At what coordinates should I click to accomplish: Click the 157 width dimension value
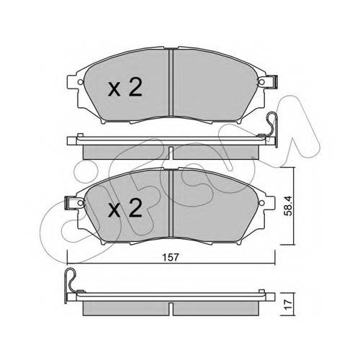(171, 258)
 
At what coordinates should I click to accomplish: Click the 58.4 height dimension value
(288, 206)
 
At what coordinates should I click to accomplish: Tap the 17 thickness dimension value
(289, 305)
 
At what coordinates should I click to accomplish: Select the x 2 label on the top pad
(125, 88)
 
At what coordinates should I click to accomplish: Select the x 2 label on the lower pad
(125, 208)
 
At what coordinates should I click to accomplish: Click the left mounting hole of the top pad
(81, 82)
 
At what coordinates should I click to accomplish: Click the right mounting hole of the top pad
(261, 82)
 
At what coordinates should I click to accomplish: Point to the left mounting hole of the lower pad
(81, 203)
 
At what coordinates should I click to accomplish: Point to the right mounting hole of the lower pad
(261, 203)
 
